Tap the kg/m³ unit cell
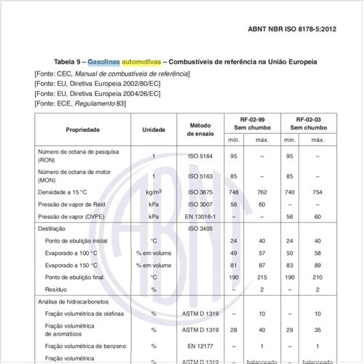(154, 192)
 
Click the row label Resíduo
(58, 289)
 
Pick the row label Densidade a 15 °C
(65, 192)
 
